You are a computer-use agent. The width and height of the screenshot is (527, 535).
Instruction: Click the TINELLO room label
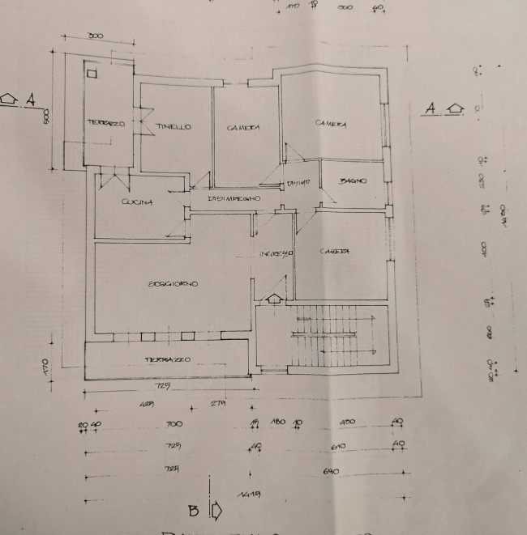click(174, 127)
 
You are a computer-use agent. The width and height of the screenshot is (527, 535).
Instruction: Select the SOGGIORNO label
click(174, 283)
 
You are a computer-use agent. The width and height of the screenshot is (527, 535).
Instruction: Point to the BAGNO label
click(353, 181)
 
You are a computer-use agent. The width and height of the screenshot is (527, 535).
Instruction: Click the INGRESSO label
click(276, 254)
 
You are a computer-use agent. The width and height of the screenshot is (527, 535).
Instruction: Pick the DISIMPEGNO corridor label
click(234, 198)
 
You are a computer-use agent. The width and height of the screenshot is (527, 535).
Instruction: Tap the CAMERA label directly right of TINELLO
click(242, 127)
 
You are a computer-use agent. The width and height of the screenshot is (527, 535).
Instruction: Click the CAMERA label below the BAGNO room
click(334, 252)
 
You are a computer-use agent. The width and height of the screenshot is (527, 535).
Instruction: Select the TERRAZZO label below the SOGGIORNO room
click(169, 359)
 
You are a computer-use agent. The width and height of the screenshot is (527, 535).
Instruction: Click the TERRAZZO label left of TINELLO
click(105, 123)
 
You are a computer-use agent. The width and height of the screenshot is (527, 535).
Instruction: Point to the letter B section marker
click(194, 511)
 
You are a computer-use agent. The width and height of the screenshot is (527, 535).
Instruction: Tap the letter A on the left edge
click(31, 100)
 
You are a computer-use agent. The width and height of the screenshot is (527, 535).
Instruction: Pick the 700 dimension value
click(173, 424)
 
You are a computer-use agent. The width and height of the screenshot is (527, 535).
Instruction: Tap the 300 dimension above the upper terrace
click(96, 36)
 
